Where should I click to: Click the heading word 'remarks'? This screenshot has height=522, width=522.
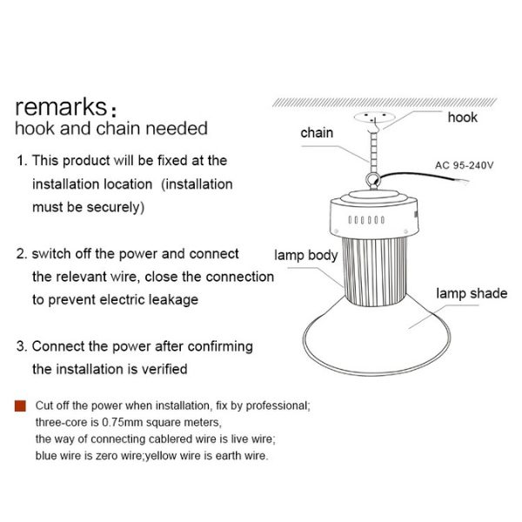click(61, 107)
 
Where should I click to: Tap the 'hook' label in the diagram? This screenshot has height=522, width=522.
click(463, 117)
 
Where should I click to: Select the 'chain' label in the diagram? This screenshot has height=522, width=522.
click(317, 132)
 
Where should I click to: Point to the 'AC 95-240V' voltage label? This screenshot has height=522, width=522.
click(464, 165)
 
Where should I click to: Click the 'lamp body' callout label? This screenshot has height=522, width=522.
click(306, 255)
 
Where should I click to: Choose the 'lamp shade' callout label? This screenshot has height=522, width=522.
click(472, 293)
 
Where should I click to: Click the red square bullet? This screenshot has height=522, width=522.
click(20, 406)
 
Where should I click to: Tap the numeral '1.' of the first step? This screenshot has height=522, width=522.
click(22, 161)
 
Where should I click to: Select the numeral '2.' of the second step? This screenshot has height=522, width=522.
click(22, 254)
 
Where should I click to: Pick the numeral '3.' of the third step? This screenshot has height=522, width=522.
click(22, 346)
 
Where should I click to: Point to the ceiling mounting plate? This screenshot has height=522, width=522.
click(374, 117)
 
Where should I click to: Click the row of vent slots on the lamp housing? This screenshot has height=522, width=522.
click(366, 220)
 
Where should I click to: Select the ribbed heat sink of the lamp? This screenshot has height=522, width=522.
click(375, 271)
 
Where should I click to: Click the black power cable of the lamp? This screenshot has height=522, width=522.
click(423, 175)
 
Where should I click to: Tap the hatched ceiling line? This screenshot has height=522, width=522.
click(385, 103)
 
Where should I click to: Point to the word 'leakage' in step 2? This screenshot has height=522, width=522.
click(173, 299)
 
